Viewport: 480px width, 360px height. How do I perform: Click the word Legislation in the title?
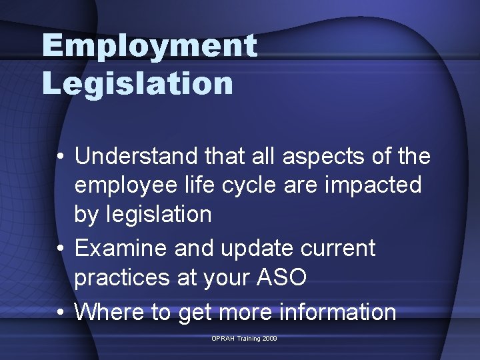[x=138, y=83]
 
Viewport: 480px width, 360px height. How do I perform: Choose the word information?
[x=336, y=311]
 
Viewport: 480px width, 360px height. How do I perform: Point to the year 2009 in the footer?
[x=269, y=339]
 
